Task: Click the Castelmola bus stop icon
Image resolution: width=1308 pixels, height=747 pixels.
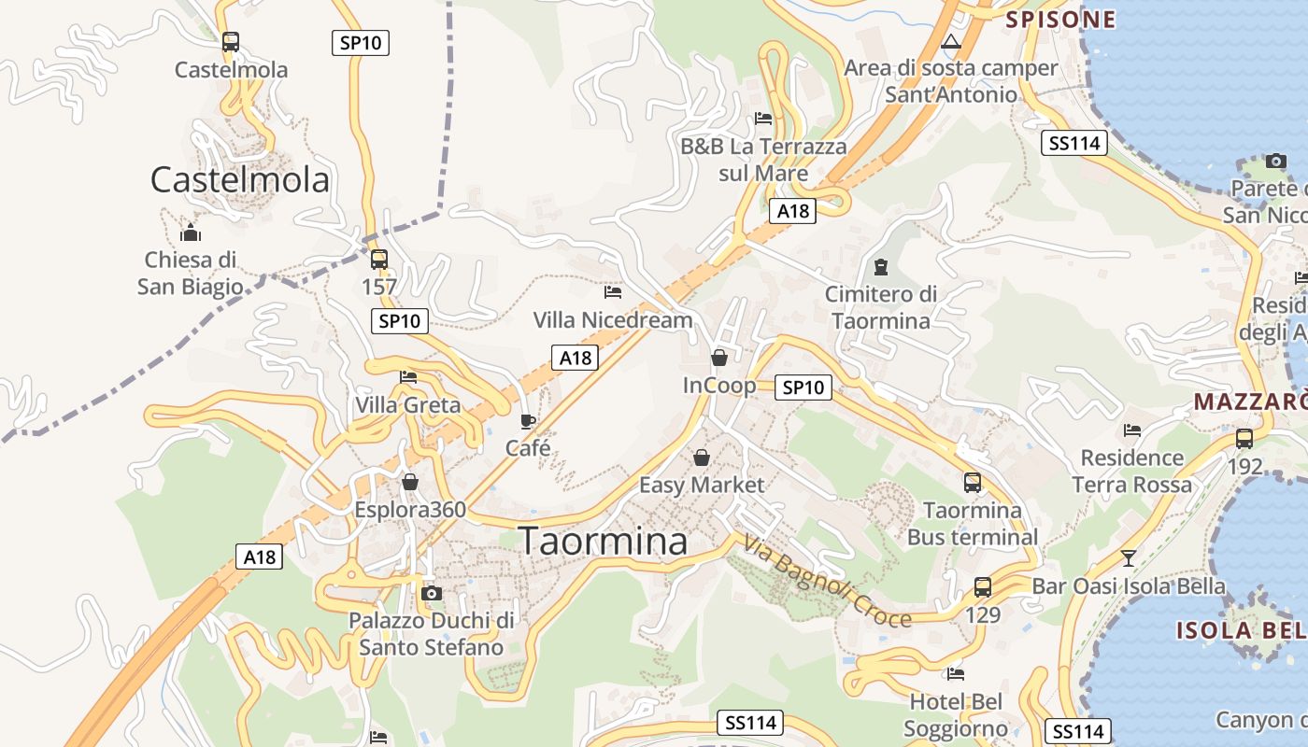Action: point(231,42)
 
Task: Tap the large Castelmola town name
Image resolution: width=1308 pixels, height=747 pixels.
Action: point(240,179)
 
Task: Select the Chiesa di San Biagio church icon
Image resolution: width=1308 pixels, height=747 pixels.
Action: point(191,233)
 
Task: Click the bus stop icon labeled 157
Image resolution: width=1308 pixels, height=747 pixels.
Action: point(379,260)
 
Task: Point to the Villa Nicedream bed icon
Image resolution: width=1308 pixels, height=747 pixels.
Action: point(613,292)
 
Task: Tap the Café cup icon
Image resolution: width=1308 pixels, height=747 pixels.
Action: point(528,420)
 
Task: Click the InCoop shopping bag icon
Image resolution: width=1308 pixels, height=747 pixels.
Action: point(719,358)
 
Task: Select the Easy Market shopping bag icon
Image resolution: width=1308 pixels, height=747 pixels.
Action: point(702,458)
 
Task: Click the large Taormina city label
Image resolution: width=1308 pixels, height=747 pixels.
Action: point(603,541)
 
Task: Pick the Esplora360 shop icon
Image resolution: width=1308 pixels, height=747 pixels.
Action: point(409,482)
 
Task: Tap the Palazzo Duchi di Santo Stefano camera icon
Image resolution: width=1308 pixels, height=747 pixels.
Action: point(431,593)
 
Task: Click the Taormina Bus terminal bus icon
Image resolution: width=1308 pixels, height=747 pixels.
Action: point(973,483)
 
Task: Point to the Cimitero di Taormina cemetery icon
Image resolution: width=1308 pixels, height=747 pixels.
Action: point(880,267)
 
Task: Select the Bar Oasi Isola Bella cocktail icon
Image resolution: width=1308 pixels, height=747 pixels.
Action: point(1129,558)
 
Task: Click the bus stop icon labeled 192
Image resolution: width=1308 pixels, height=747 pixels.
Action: point(1244,438)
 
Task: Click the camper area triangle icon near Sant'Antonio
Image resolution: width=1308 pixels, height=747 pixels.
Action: point(951,41)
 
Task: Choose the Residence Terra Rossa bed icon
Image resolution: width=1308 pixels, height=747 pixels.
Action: point(1132,430)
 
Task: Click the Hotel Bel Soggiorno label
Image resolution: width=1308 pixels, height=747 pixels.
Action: point(956,714)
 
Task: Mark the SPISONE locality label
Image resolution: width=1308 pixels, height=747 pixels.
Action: point(1060,20)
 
